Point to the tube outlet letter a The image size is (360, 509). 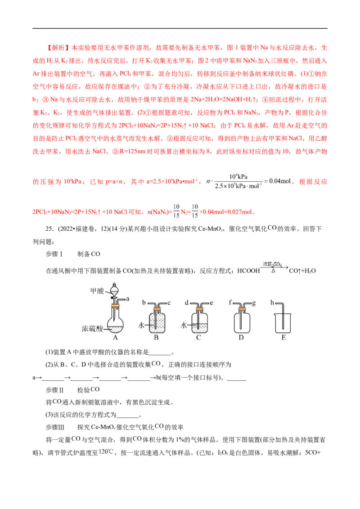point(128,298)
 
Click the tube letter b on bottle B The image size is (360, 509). point(144,303)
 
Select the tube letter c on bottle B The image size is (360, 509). point(169,303)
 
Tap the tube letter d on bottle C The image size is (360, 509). point(186,303)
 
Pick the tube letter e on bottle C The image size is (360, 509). point(211,303)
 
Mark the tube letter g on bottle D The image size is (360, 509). point(254,303)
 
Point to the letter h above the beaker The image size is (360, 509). point(271,303)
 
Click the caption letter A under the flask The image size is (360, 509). point(115,338)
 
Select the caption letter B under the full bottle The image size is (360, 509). point(156,338)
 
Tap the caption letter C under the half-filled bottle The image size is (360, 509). point(198,338)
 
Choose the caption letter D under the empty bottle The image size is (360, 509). point(242,338)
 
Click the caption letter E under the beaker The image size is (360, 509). point(283,338)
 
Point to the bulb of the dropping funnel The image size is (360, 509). point(115,290)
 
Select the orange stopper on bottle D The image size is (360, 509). point(242,309)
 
